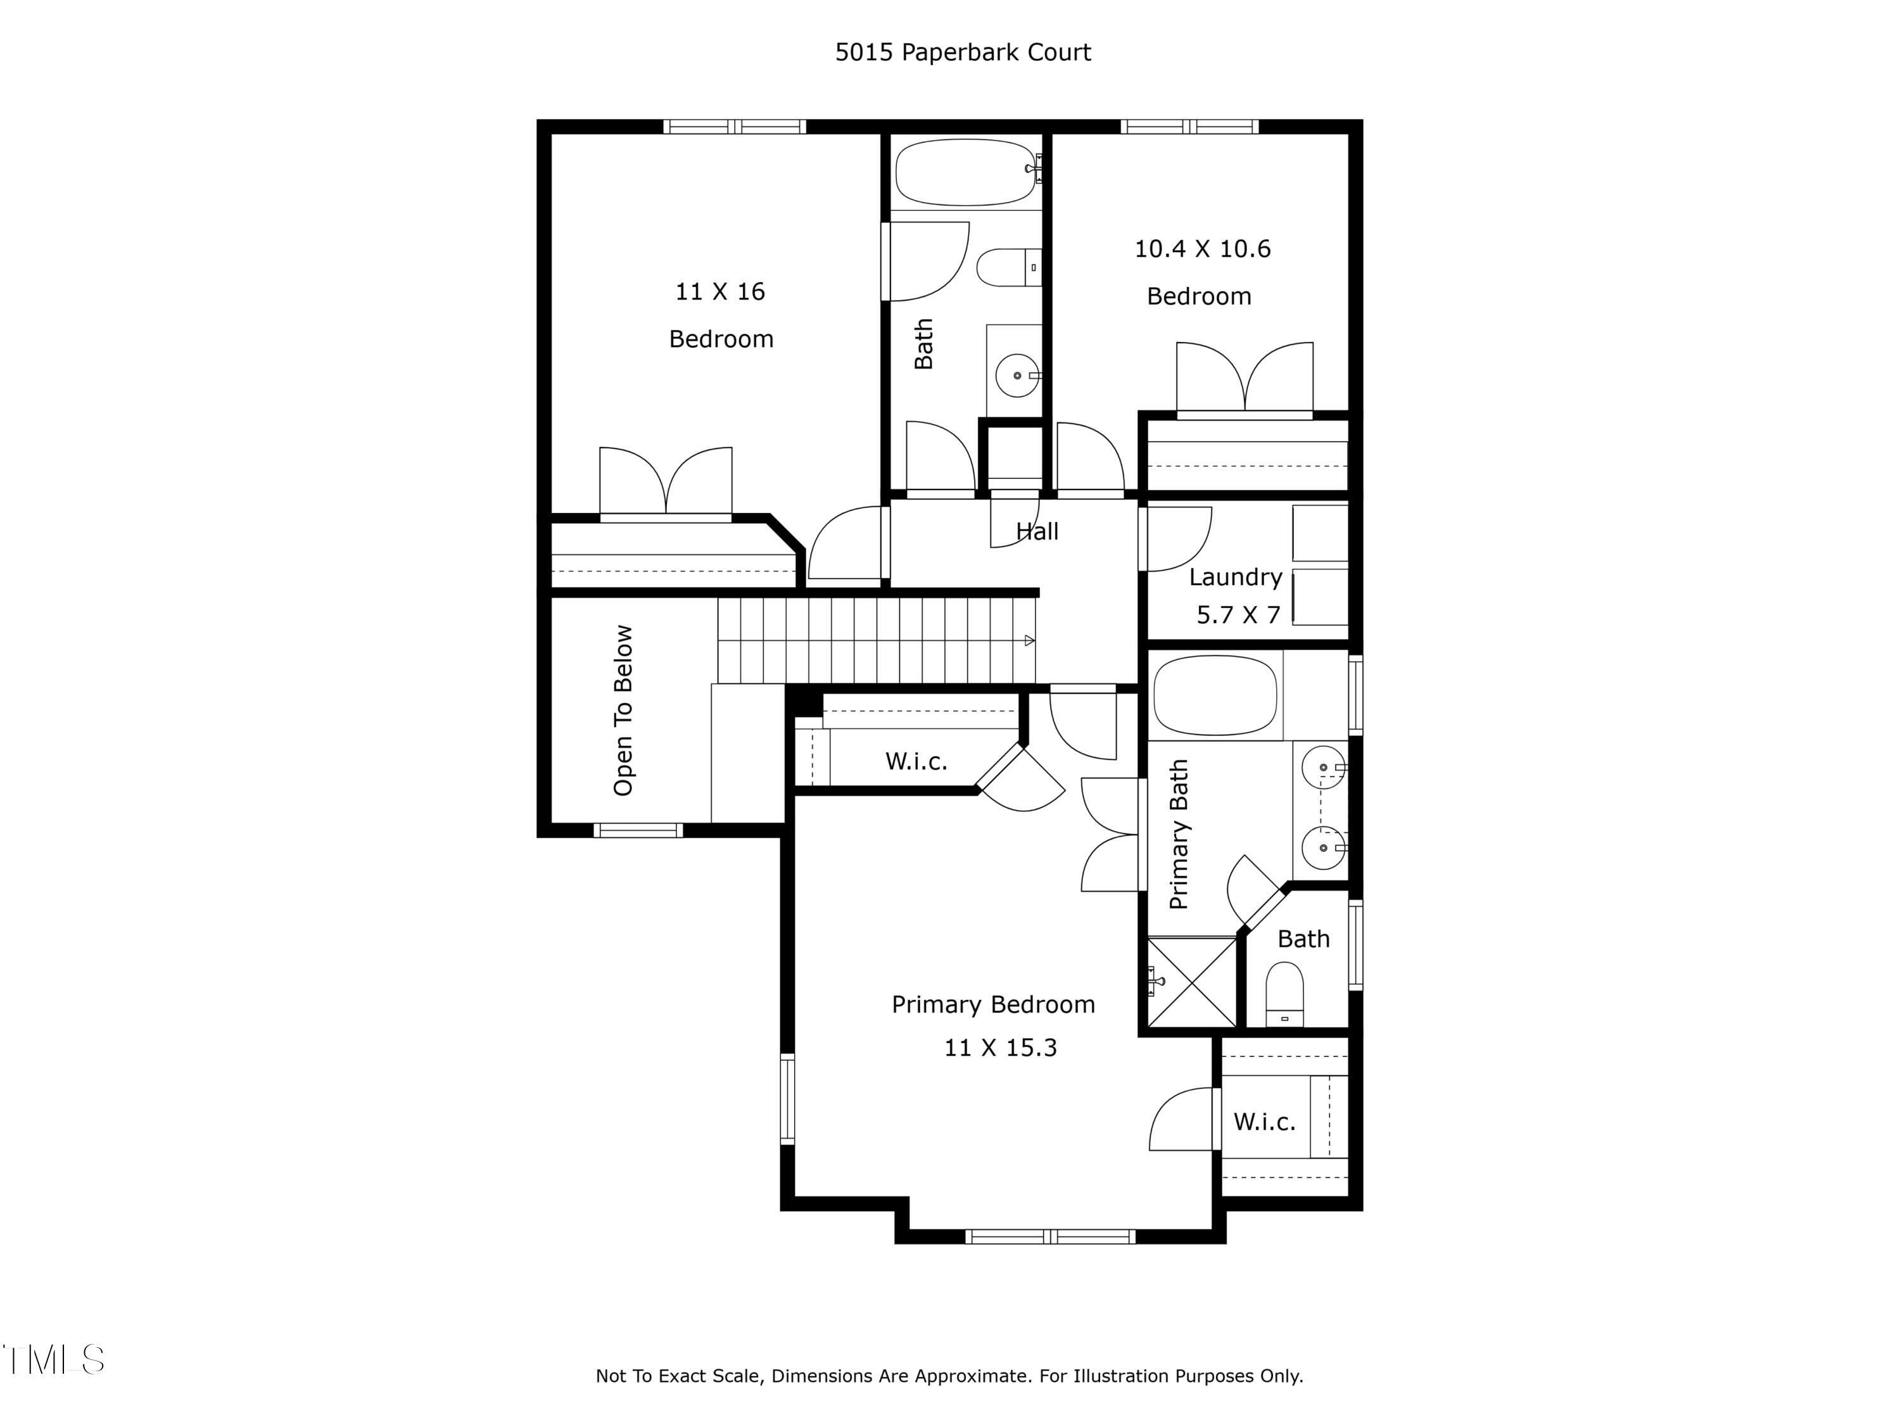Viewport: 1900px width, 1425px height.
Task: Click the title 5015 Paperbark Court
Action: click(962, 53)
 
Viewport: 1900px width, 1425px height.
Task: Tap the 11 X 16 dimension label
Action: click(720, 292)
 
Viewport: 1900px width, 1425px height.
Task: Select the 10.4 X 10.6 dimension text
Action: click(1201, 249)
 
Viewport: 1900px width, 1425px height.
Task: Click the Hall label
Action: click(1037, 532)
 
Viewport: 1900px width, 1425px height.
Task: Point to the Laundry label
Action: click(1235, 577)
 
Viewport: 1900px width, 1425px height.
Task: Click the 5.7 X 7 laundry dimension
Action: click(1238, 615)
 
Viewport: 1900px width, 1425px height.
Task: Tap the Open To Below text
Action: click(624, 711)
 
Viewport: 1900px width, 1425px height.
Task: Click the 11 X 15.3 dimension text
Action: click(1000, 1048)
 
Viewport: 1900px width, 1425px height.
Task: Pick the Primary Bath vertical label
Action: click(1179, 834)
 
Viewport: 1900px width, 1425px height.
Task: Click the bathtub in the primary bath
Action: click(1215, 695)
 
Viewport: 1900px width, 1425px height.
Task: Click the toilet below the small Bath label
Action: click(1284, 994)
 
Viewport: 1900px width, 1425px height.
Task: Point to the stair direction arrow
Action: click(1029, 641)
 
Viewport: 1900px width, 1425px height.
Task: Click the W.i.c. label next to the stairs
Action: click(916, 762)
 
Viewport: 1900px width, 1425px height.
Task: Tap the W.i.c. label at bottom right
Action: click(1263, 1122)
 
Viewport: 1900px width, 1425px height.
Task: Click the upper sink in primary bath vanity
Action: click(1323, 767)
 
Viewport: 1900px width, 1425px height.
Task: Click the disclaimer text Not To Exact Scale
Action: click(949, 1376)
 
